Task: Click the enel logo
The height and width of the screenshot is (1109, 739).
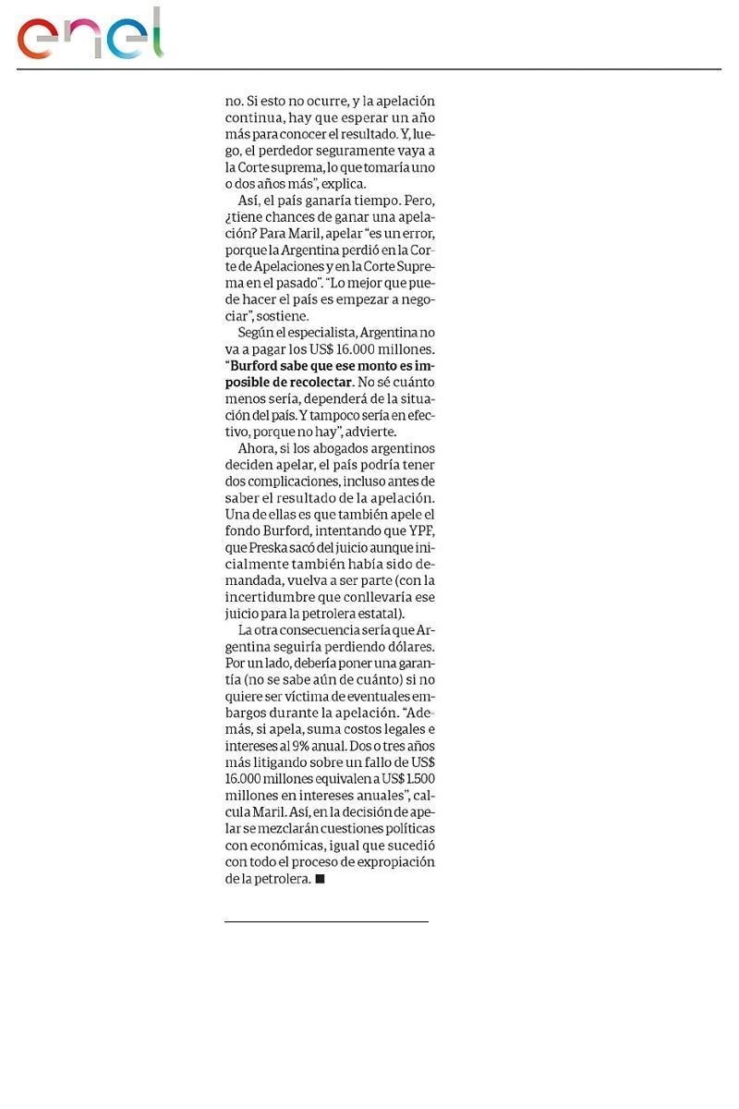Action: click(91, 35)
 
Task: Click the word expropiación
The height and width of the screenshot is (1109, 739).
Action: click(395, 863)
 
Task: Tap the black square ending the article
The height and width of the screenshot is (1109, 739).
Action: click(321, 880)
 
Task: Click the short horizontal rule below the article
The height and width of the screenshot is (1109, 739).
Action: click(326, 921)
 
